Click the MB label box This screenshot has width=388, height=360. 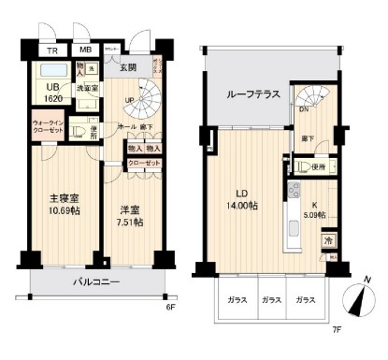(84, 50)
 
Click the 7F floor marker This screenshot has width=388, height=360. (335, 354)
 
